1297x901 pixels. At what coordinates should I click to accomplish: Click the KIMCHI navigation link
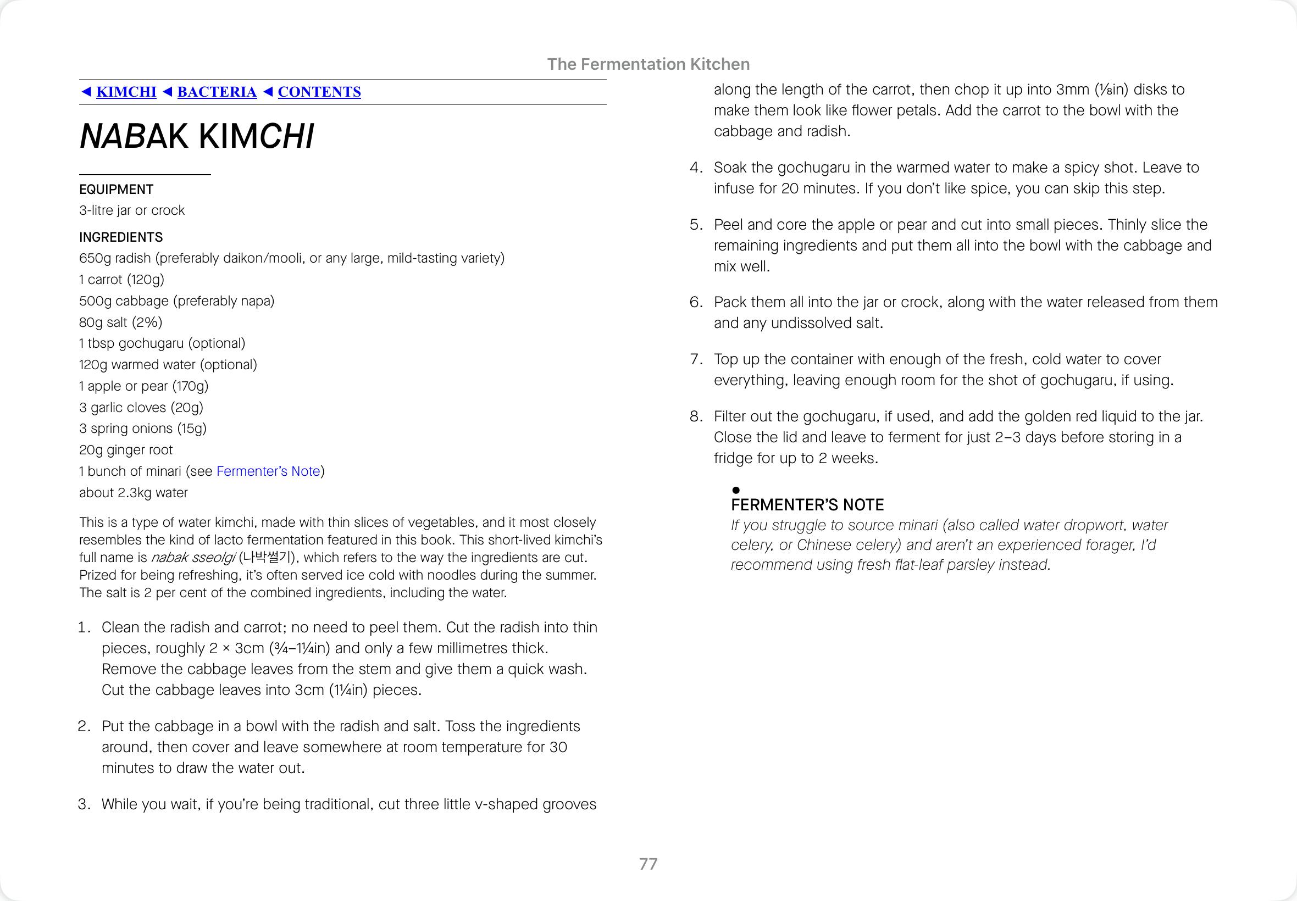(x=126, y=92)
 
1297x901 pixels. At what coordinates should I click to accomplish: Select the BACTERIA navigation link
(x=217, y=92)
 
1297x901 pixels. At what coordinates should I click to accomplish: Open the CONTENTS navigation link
(x=319, y=92)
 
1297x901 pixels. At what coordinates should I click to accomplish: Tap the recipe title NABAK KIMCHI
(x=197, y=137)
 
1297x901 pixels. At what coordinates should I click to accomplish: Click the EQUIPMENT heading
(x=117, y=189)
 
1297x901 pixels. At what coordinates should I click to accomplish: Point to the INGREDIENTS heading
(x=121, y=237)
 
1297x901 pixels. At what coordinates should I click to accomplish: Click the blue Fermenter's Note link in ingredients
(x=268, y=471)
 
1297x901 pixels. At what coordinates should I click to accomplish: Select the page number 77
(x=648, y=864)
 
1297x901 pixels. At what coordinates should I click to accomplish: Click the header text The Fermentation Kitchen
(x=648, y=64)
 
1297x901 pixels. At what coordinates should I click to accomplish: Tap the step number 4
(x=696, y=168)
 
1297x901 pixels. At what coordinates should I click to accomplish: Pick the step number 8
(x=696, y=416)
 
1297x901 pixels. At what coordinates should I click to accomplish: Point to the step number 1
(x=84, y=627)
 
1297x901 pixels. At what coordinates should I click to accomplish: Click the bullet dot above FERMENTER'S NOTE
(x=736, y=490)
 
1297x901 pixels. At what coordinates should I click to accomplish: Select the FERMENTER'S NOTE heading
(x=807, y=505)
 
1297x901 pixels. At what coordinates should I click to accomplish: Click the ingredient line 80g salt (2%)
(x=121, y=322)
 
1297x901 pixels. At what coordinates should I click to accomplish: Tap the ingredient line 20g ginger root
(x=126, y=450)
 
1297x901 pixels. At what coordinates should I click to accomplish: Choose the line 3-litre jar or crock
(x=131, y=210)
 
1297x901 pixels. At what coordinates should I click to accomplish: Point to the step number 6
(x=696, y=302)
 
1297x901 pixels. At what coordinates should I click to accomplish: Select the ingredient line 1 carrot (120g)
(x=121, y=280)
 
